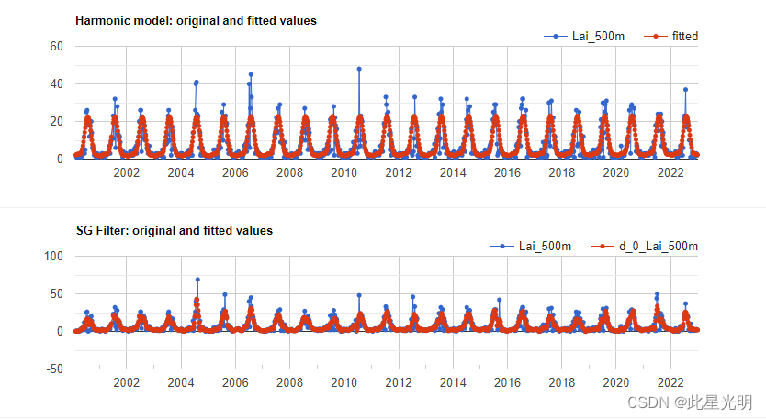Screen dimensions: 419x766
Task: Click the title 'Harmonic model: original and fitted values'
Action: point(197,20)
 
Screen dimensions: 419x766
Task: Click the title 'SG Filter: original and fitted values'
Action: point(175,230)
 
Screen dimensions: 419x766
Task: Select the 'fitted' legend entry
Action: point(684,36)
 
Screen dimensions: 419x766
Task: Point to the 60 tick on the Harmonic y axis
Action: point(55,46)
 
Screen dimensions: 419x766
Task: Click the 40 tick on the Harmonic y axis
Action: point(55,83)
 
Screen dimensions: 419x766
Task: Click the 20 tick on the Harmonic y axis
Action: point(55,121)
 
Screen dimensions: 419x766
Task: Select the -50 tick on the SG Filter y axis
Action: point(52,369)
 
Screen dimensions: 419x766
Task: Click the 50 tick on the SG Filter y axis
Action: point(55,293)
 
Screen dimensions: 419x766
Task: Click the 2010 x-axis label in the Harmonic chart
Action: point(344,173)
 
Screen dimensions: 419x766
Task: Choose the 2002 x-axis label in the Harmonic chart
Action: point(126,173)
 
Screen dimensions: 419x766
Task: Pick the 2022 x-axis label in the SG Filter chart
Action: point(670,382)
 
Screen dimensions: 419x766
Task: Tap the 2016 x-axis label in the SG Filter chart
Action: point(507,382)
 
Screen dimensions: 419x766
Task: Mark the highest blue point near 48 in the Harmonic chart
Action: point(359,69)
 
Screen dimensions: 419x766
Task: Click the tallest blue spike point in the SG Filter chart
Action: point(197,280)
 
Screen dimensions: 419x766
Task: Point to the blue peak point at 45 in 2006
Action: point(251,74)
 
